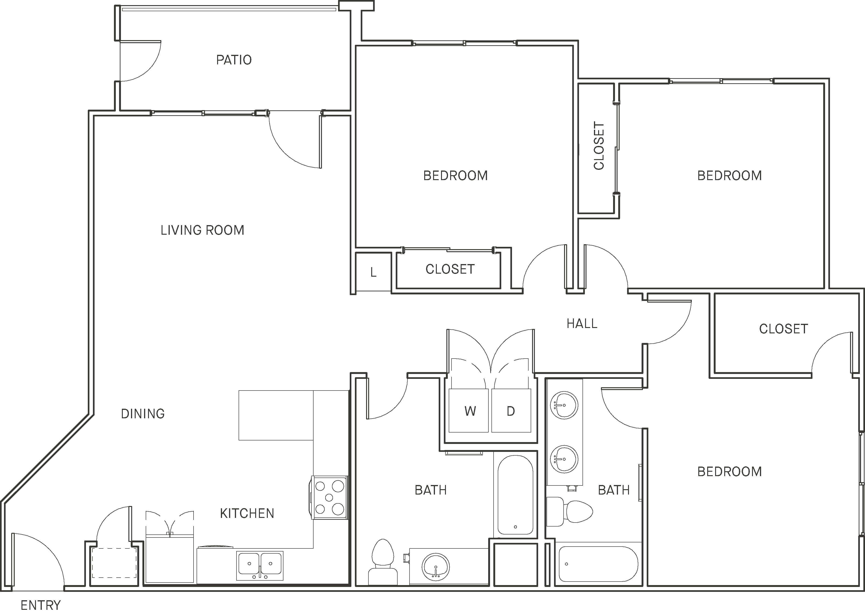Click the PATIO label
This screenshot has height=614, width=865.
[x=234, y=60]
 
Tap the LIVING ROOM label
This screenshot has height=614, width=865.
[x=202, y=230]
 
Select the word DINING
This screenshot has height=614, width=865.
[x=143, y=414]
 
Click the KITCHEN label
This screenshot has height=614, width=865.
[x=247, y=513]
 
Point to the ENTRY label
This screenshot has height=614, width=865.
[x=40, y=605]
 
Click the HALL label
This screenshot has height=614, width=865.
[x=582, y=324]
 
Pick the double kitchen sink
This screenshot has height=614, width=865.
[x=260, y=566]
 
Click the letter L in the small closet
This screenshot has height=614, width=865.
[x=374, y=273]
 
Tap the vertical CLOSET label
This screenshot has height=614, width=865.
[x=599, y=146]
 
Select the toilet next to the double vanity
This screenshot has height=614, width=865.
[x=569, y=512]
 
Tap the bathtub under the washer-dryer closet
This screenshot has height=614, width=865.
[x=515, y=495]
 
